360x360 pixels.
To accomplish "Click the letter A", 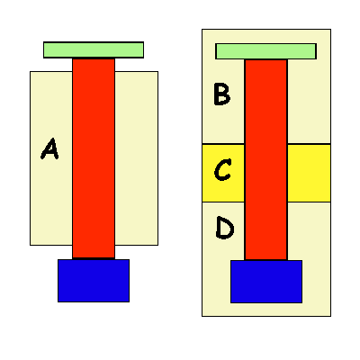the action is coord(49,148).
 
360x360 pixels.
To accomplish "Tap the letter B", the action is coord(222,94).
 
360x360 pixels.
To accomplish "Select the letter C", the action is coord(222,170).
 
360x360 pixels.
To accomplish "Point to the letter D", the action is coord(225,228).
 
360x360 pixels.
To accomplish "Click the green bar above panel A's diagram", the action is coord(94,49).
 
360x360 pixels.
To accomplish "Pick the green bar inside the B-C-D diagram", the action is coord(265,51).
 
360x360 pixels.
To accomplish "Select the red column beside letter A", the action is coord(94,158).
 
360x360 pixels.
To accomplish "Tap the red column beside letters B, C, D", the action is coord(266,160).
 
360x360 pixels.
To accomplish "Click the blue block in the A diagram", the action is coord(94,281).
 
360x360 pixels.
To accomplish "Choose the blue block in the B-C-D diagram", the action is coord(266,282).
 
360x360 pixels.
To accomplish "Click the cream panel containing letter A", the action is coord(51,158).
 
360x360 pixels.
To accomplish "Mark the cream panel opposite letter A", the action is coord(137,158).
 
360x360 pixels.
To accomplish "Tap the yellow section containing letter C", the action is coord(223,173).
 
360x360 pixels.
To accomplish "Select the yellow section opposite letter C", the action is coord(310,173).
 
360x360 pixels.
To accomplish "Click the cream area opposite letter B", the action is coord(310,102).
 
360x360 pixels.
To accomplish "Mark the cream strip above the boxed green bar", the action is coord(266,36).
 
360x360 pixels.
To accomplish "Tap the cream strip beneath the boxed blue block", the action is coord(266,310).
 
